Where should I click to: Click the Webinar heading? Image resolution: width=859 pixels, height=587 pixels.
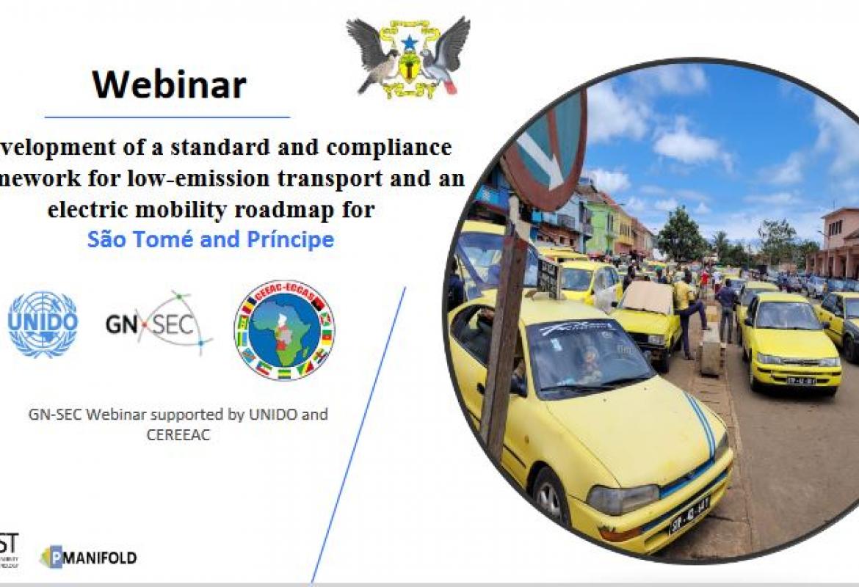[169, 84]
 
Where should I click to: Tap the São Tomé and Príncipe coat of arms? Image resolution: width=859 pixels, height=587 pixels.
[408, 57]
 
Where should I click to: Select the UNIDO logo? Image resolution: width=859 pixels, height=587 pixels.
[43, 324]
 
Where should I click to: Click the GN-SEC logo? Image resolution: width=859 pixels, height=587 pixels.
[159, 324]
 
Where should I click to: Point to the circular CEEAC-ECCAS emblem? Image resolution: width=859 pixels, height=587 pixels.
[284, 329]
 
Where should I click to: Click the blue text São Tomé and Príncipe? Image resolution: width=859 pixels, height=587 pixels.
[211, 239]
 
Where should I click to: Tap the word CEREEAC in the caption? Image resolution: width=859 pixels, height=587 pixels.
[179, 434]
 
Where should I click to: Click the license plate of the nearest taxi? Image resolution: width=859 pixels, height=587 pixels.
[689, 514]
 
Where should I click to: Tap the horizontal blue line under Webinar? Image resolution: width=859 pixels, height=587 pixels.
[167, 117]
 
